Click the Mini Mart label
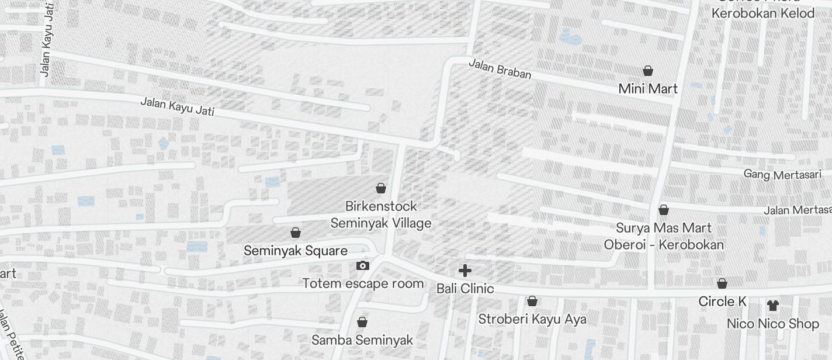648,89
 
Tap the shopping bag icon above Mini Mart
648,71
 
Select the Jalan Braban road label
500,69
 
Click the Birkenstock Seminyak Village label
381,214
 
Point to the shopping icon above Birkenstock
381,188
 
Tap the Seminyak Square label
296,251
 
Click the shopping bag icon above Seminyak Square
296,233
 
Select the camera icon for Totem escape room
363,266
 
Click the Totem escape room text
363,284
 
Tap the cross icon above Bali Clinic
465,271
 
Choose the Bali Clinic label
465,289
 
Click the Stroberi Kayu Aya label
532,319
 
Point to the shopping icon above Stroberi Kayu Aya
532,302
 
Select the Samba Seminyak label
362,340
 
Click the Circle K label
723,302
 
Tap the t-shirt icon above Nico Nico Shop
773,306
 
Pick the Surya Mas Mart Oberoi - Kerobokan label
664,236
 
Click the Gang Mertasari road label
782,174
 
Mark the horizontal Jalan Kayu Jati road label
177,106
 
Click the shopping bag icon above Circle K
722,284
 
